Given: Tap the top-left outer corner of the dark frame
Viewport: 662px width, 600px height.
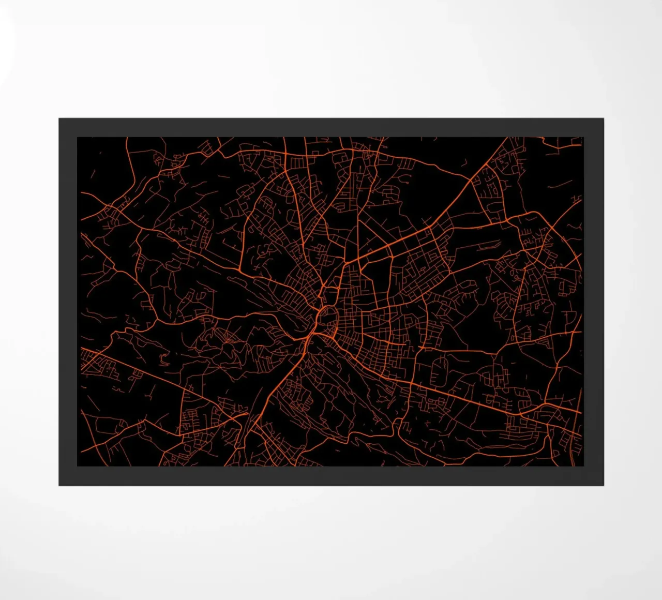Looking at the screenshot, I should point(59,118).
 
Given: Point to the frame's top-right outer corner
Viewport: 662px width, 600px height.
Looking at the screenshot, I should point(604,118).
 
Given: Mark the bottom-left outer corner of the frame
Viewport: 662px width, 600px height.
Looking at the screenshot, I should point(59,485).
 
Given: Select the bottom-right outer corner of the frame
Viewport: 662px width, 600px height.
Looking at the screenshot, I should point(604,485).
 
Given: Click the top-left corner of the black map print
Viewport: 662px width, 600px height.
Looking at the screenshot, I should point(78,137).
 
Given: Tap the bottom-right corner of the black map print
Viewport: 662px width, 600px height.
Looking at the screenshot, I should point(583,466).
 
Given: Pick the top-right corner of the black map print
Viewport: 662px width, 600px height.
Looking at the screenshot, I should point(583,137).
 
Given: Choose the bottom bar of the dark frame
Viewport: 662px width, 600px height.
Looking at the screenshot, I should point(331,476).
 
